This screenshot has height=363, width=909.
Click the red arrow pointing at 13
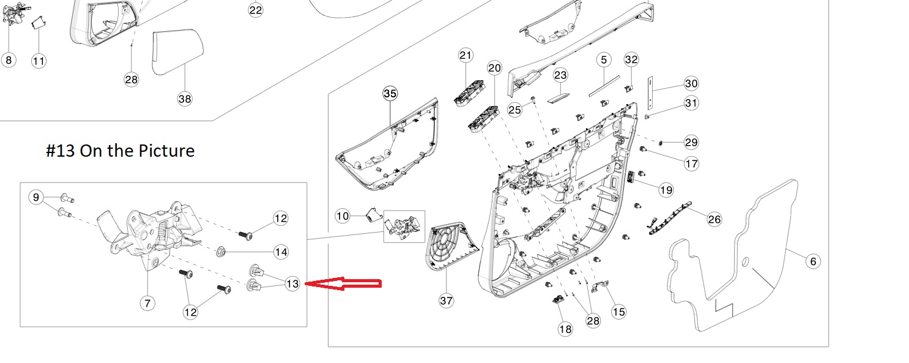pos(343,283)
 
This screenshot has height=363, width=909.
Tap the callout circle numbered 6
pos(812,261)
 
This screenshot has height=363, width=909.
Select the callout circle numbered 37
pos(447,300)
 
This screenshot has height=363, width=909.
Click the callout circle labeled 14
pos(281,252)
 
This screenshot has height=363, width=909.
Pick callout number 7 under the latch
pos(147,302)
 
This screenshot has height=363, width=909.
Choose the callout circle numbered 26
pos(714,219)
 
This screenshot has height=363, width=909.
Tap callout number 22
pos(256,10)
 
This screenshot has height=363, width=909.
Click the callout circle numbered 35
pos(390,94)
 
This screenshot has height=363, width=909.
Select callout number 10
pos(343,215)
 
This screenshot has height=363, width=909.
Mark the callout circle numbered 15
pos(619,312)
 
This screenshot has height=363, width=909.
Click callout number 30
pos(691,83)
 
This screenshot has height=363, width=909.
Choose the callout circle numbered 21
pos(466,56)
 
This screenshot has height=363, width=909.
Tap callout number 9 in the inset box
pos(36,197)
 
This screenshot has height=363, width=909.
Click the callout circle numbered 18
pos(565,329)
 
